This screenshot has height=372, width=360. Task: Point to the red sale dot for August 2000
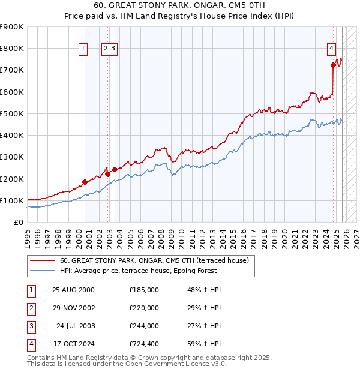point(85,182)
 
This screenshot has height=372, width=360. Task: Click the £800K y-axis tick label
point(12,49)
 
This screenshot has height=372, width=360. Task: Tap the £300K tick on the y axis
point(12,157)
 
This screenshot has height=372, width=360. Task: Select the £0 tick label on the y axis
point(19,223)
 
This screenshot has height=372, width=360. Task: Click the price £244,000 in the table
point(143,326)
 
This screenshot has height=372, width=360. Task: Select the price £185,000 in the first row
point(143,290)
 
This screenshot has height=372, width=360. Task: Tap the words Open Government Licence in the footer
point(175,364)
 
